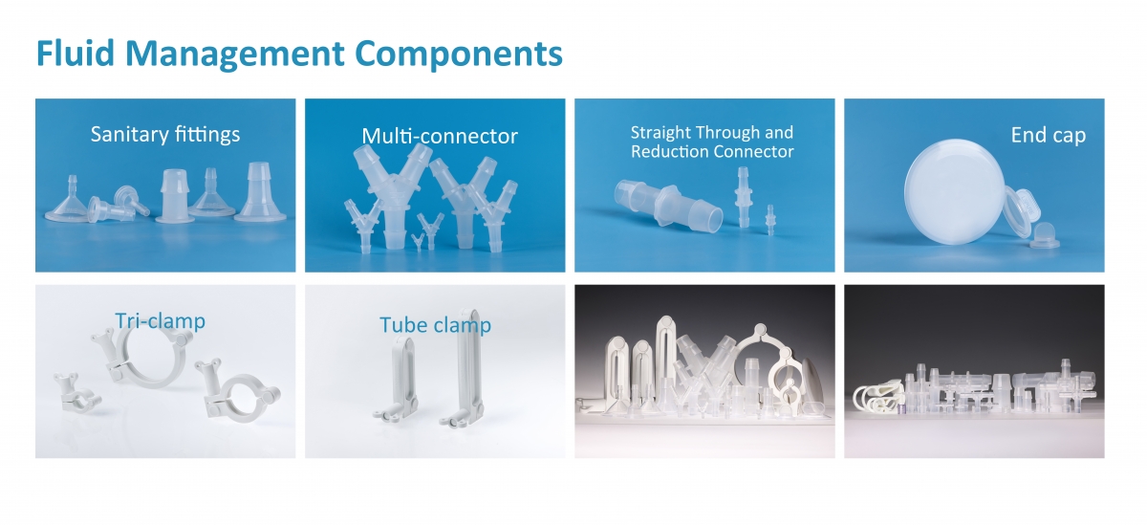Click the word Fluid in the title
pyautogui.click(x=76, y=54)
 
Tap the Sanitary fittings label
pyautogui.click(x=165, y=135)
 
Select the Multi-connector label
pyautogui.click(x=440, y=136)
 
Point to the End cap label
pyautogui.click(x=1049, y=135)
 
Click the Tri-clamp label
pyautogui.click(x=161, y=321)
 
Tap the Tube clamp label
pyautogui.click(x=435, y=325)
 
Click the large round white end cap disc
pyautogui.click(x=955, y=191)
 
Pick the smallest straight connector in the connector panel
pyautogui.click(x=769, y=219)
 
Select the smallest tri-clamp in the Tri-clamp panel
pyautogui.click(x=76, y=393)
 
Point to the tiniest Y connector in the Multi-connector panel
pyautogui.click(x=419, y=242)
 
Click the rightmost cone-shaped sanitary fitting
pyautogui.click(x=260, y=192)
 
